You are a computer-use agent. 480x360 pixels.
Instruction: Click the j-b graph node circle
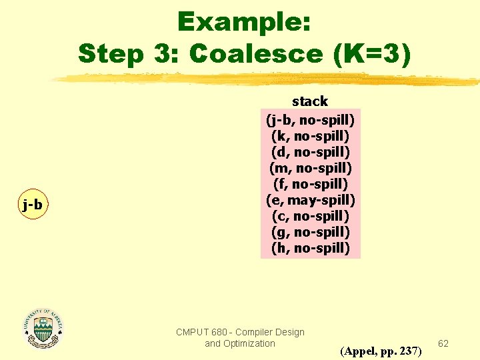tap(32, 205)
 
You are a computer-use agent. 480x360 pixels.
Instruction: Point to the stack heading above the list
tap(310, 101)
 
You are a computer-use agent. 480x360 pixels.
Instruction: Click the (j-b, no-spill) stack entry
tap(310, 120)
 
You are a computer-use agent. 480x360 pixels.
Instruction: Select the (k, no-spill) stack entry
tap(310, 136)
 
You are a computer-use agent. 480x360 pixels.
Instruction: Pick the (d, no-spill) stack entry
tap(310, 152)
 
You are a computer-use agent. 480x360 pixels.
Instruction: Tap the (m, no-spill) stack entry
tap(310, 168)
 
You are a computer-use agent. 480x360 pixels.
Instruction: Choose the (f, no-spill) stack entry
tap(310, 184)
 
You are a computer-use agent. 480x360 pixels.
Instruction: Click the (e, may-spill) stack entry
tap(310, 200)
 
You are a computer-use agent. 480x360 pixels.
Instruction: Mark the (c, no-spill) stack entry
tap(310, 216)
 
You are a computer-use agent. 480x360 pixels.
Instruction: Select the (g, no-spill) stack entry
tap(310, 232)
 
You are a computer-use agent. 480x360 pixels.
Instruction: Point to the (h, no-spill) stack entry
tap(310, 248)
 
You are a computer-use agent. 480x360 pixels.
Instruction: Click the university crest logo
tap(43, 328)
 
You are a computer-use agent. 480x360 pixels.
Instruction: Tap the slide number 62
tap(443, 343)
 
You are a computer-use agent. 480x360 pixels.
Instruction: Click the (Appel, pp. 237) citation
tap(381, 351)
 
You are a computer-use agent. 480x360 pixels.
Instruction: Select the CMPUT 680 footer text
tap(240, 332)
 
